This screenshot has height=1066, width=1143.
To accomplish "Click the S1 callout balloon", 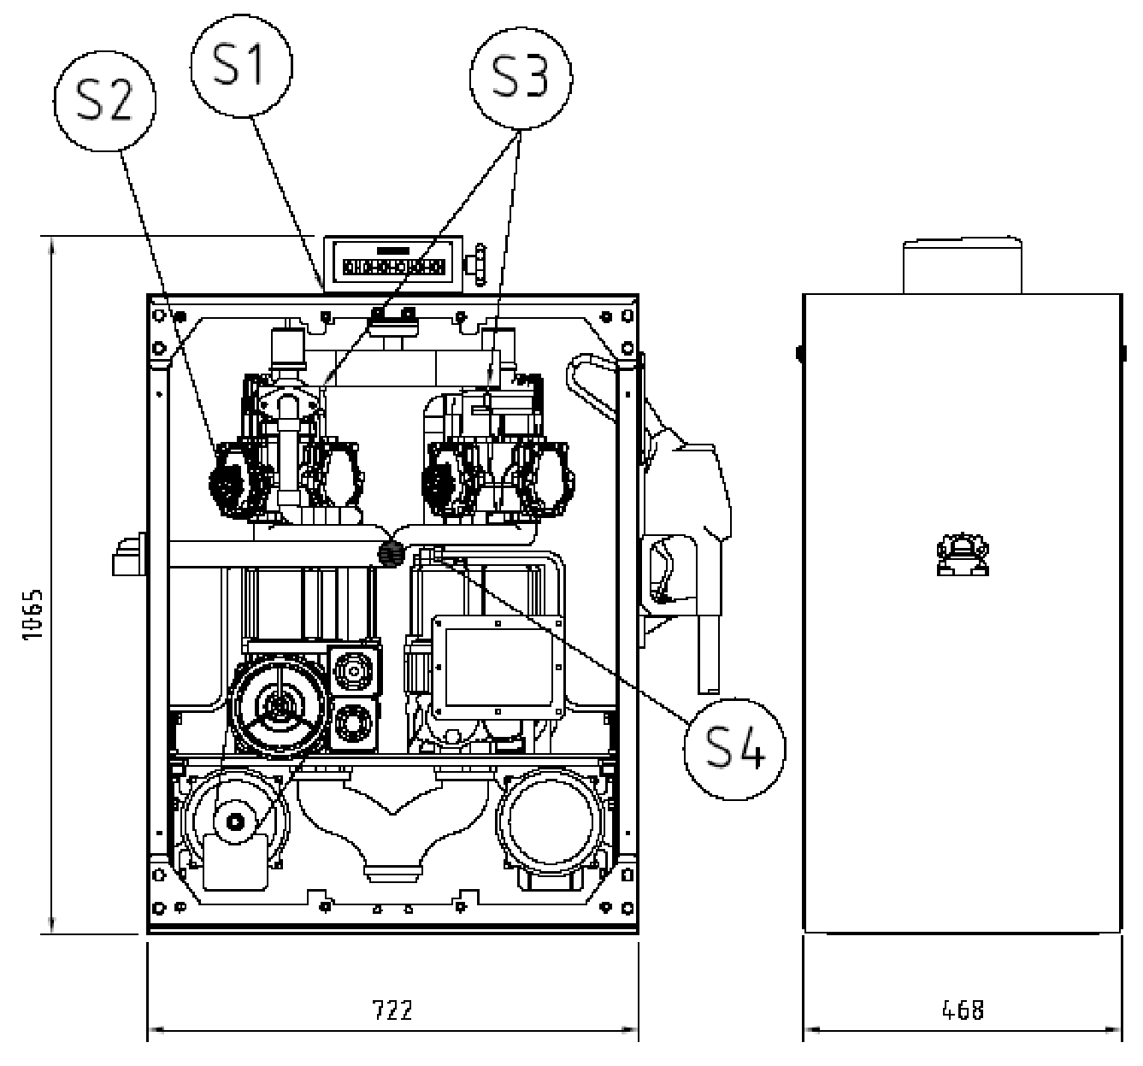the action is tap(241, 66).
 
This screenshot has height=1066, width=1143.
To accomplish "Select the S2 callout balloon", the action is tap(105, 102).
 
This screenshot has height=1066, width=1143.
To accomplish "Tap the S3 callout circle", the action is tap(521, 79).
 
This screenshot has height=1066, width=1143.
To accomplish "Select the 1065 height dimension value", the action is tap(32, 614).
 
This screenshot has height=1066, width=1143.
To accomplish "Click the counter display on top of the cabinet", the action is tap(393, 265).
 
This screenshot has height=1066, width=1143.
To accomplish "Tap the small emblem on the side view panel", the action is tap(963, 554).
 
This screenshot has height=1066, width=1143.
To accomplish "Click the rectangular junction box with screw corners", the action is tap(498, 668).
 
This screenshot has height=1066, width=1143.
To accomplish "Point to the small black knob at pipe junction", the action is tap(392, 554).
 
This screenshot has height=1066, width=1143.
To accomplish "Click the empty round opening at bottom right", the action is tap(551, 820).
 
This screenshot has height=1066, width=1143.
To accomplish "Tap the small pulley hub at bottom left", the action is tap(235, 822).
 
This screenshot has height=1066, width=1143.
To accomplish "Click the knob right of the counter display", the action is tap(478, 265).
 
